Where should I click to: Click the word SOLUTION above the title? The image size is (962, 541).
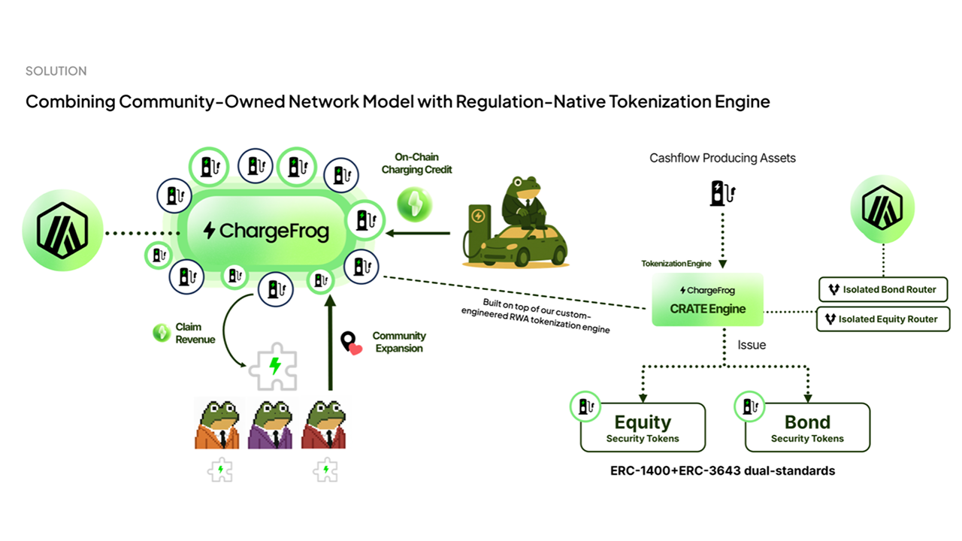pos(56,71)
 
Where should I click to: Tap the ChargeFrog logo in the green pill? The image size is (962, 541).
pos(266,231)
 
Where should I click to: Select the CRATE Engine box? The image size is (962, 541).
pos(707,300)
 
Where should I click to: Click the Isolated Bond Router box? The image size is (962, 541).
pos(882,289)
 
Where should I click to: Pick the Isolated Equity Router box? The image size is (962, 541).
pos(882,319)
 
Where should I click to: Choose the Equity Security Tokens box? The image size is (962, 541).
pos(643,428)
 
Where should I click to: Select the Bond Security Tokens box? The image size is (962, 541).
pos(807,428)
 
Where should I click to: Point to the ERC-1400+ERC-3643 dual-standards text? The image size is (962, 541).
pos(722,471)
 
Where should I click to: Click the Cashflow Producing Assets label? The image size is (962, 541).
pos(722,159)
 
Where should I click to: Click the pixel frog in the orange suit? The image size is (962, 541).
pos(217,423)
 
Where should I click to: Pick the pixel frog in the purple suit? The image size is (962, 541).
pos(271,423)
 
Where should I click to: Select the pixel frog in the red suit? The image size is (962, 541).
pos(324,423)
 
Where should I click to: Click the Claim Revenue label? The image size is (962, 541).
pos(195,334)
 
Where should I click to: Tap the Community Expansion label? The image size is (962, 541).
pos(398,342)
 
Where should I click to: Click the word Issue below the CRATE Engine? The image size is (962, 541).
pos(751,345)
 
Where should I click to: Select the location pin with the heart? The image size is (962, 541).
pos(350,343)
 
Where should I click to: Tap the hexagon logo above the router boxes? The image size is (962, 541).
pos(882,208)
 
